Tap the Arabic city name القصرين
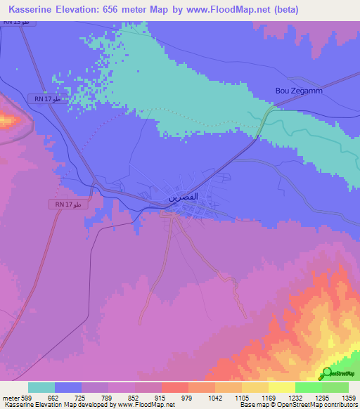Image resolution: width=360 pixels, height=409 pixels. click(x=182, y=198)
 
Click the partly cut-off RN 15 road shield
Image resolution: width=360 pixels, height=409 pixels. click(x=15, y=22)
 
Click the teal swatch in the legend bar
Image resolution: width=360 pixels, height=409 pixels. click(x=41, y=387)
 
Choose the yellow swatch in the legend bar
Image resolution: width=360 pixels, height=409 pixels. click(x=281, y=387)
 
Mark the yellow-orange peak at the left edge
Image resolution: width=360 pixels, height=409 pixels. click(x=7, y=120)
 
